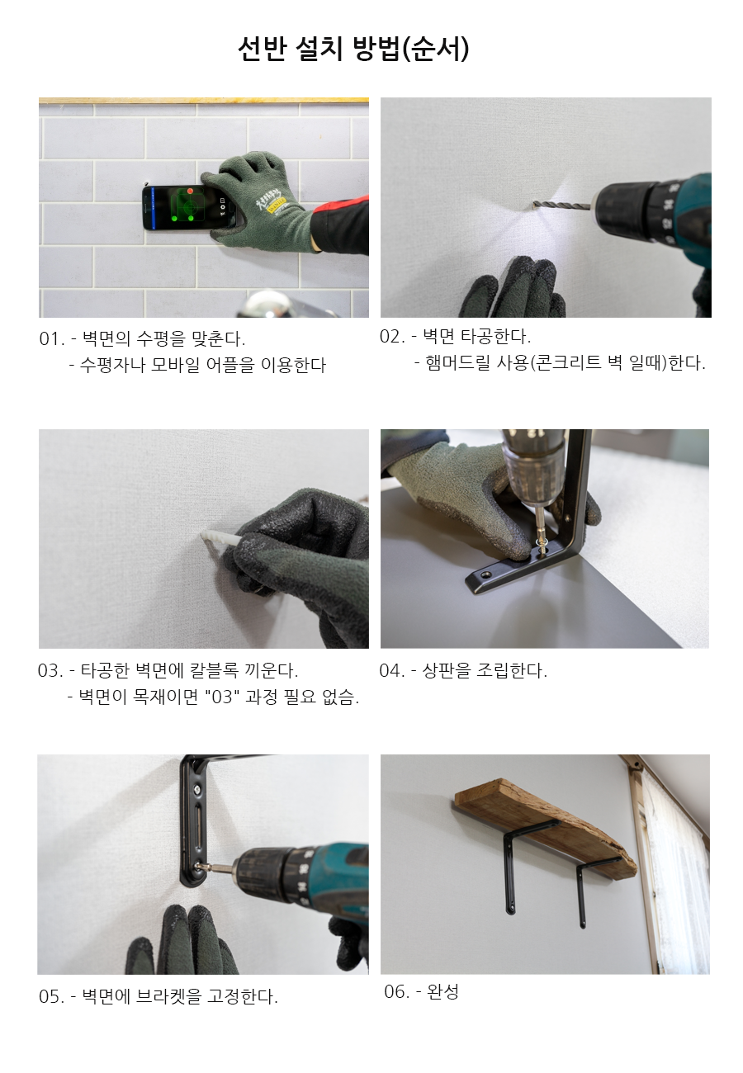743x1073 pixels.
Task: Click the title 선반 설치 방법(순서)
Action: click(353, 49)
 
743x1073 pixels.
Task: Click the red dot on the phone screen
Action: click(190, 191)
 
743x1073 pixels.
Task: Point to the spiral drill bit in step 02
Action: click(561, 206)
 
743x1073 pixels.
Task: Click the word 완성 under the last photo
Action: click(442, 991)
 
